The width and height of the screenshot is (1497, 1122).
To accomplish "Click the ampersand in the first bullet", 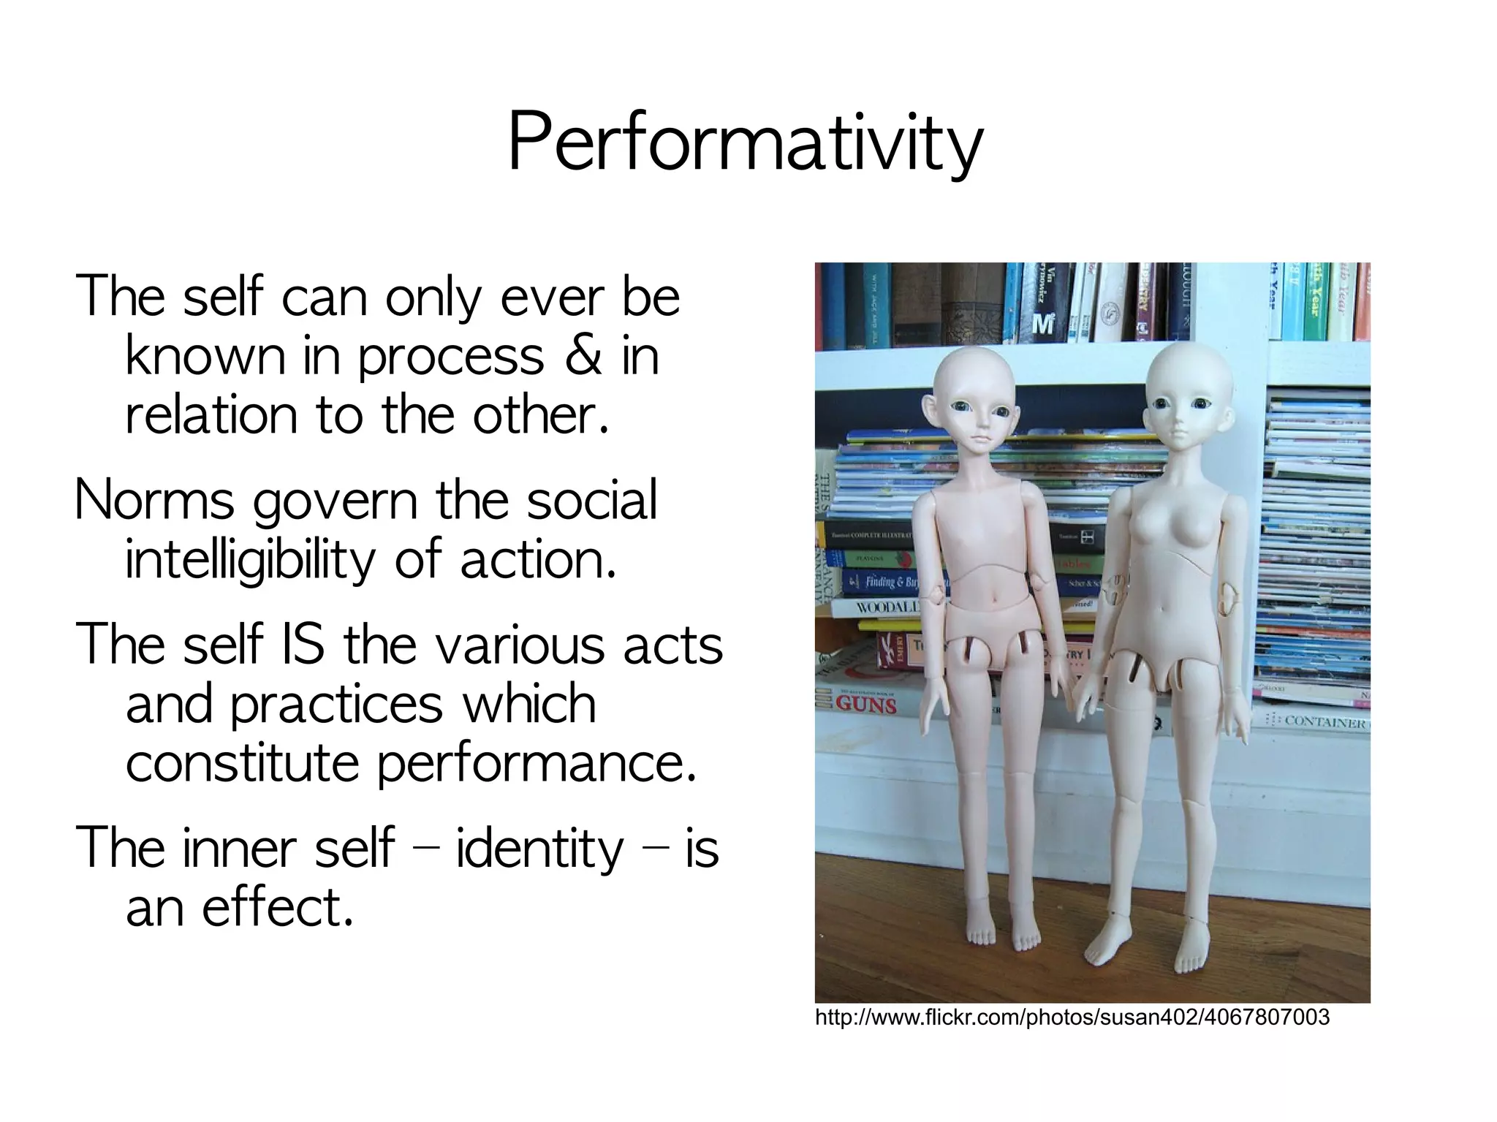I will tap(583, 356).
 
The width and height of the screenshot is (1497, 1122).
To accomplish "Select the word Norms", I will tap(154, 501).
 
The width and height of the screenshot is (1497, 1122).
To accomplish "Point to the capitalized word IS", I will tap(301, 644).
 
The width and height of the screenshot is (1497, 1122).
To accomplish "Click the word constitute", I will tap(242, 762).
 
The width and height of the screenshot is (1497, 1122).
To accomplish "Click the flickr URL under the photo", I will tap(1072, 1017).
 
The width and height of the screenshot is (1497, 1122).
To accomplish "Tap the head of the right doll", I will tap(1188, 395).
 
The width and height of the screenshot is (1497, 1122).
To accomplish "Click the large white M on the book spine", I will tap(1042, 322).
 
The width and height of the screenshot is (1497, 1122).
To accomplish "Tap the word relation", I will tap(211, 414).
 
